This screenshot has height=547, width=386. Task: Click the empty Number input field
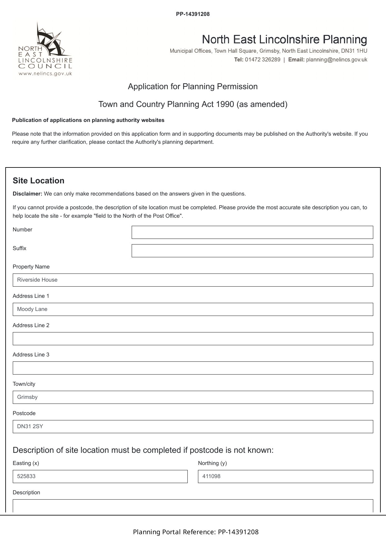point(252,232)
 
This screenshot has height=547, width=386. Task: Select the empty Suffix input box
point(252,251)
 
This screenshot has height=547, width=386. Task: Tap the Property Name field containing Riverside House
point(193,280)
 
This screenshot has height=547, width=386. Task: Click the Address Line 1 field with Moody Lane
point(193,309)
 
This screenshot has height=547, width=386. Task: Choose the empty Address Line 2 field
point(193,339)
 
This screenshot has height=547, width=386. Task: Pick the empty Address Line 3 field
point(193,368)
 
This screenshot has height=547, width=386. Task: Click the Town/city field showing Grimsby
point(193,397)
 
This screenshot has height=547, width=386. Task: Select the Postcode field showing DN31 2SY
point(193,427)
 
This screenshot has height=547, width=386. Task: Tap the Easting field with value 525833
point(100,477)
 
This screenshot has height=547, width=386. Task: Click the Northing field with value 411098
point(285,477)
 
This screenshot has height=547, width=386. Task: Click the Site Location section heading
point(39,181)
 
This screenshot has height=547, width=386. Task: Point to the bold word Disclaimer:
point(27,194)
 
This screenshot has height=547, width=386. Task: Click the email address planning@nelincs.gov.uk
point(337,60)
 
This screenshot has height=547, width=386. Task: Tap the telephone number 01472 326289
point(262,60)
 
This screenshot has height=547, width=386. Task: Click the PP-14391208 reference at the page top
point(193,14)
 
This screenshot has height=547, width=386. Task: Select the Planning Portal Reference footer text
point(195,532)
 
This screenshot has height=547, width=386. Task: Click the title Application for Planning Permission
point(193,86)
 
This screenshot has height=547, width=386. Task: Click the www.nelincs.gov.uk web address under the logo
point(45,74)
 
